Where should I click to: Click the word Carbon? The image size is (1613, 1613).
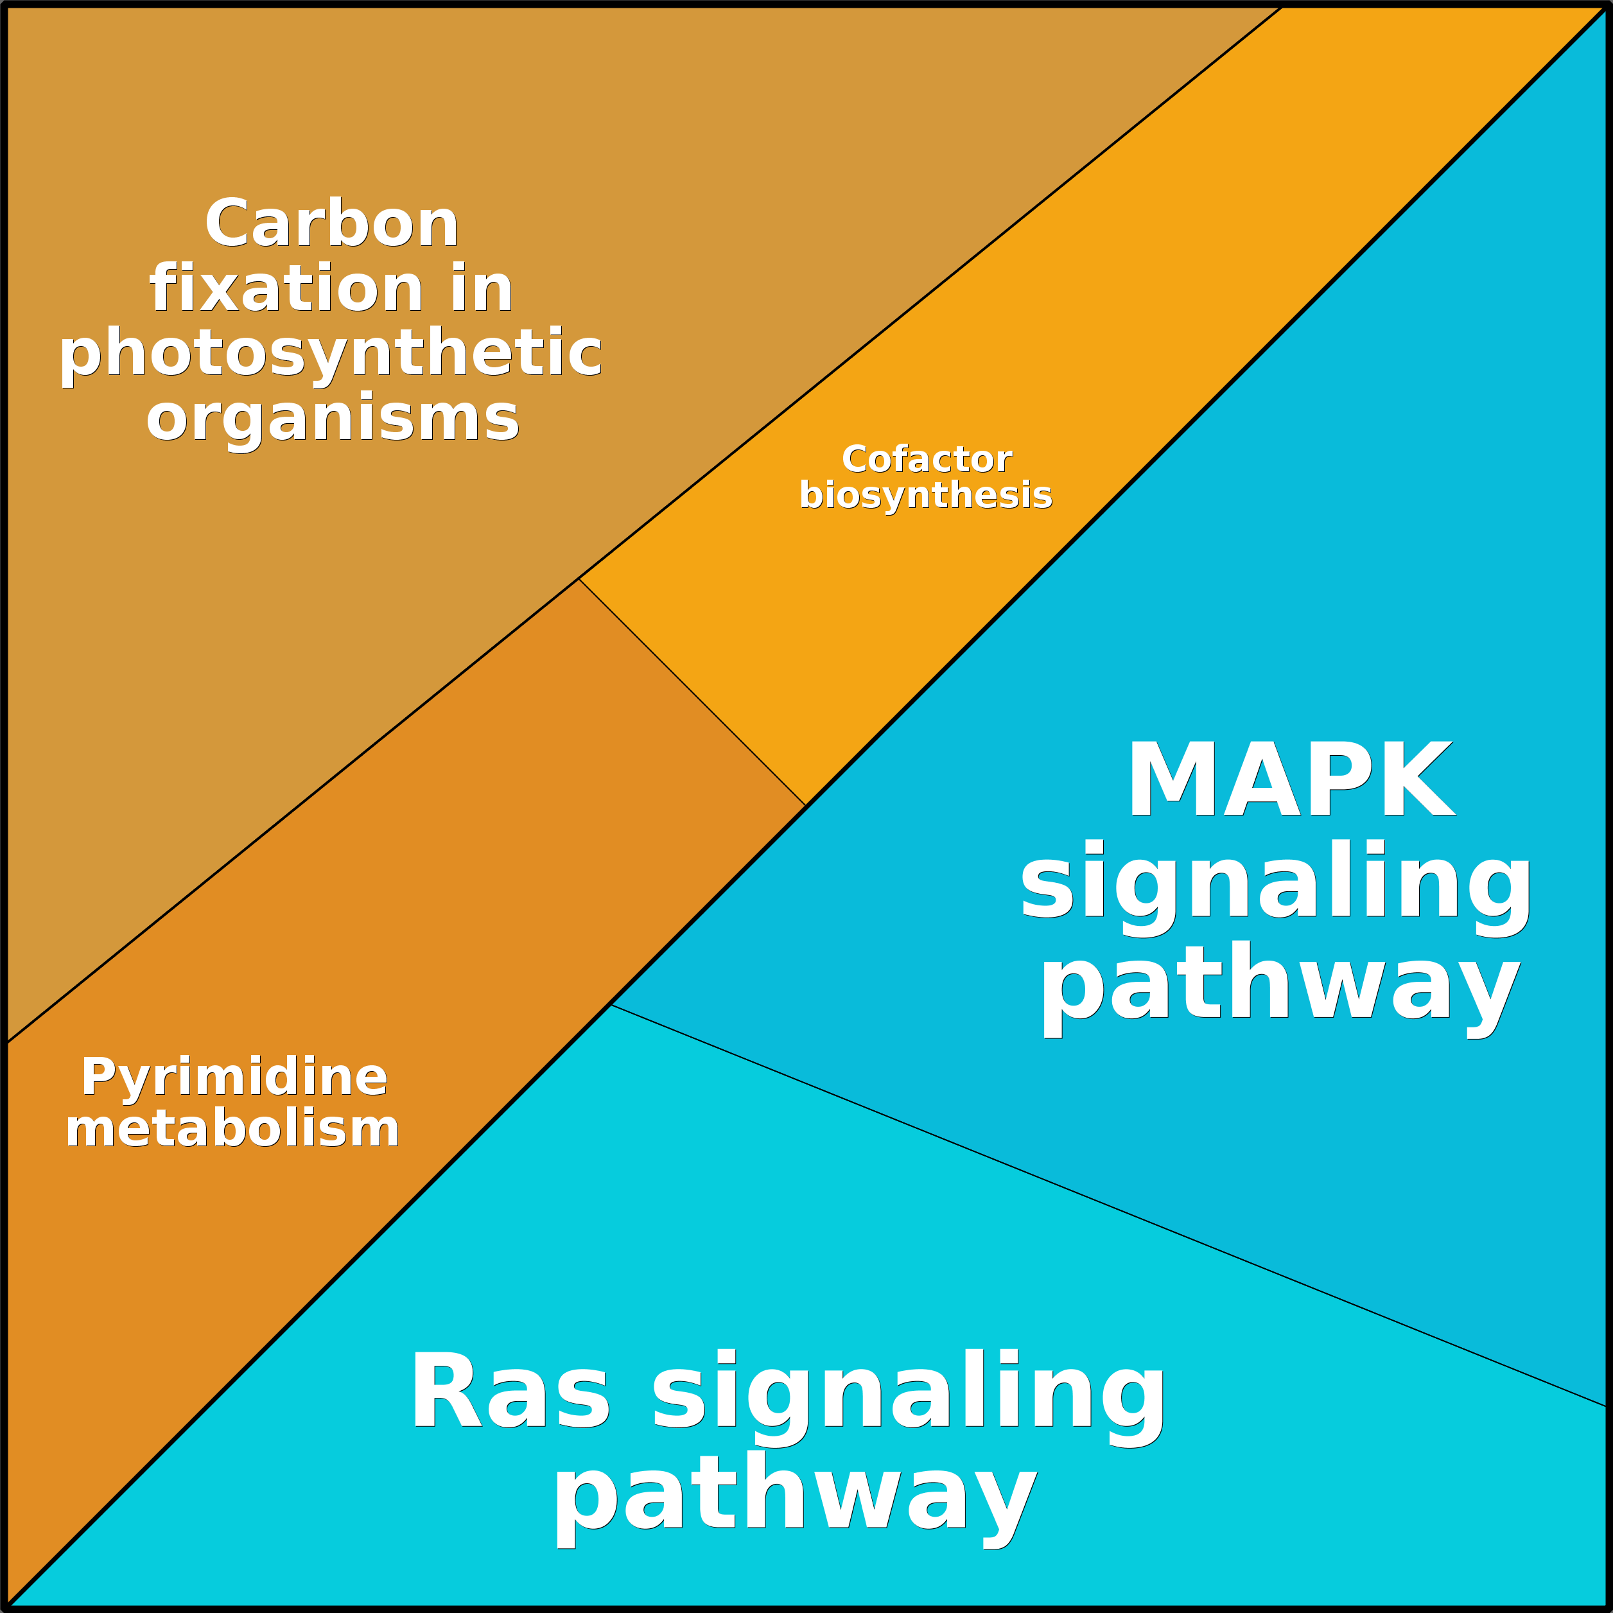pyautogui.click(x=331, y=223)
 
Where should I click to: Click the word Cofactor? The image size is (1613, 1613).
pyautogui.click(x=927, y=459)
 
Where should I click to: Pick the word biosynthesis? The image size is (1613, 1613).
pyautogui.click(x=925, y=495)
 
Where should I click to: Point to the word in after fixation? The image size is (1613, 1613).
pyautogui.click(x=482, y=289)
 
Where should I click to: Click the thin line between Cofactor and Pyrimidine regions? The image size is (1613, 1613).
pyautogui.click(x=692, y=692)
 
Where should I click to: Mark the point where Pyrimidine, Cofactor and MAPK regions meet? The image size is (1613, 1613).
pyautogui.click(x=806, y=806)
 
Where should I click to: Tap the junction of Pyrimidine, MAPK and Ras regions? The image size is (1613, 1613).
pyautogui.click(x=611, y=1004)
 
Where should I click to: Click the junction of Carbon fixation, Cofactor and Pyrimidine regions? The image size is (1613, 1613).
pyautogui.click(x=579, y=579)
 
